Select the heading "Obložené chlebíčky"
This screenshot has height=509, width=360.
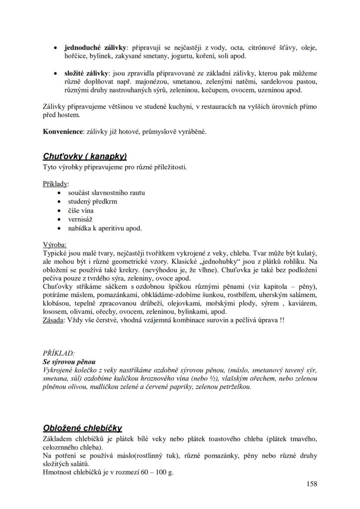[x=83, y=428]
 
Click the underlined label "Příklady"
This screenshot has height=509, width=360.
[x=56, y=183]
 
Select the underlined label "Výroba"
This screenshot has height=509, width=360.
[x=55, y=244]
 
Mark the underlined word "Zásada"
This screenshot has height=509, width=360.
[x=53, y=320]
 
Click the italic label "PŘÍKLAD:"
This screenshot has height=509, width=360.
[x=59, y=353]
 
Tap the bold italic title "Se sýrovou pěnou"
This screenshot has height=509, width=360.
[x=69, y=362]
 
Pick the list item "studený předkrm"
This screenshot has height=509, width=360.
[x=93, y=201]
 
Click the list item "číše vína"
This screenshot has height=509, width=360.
[x=81, y=210]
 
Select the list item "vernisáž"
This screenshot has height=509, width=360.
[x=80, y=219]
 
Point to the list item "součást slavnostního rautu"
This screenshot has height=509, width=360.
[x=107, y=193]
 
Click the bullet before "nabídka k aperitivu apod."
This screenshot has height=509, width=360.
[x=60, y=228]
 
